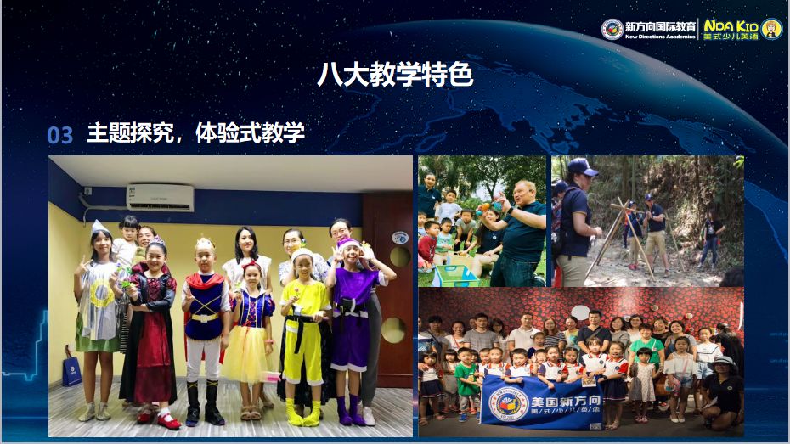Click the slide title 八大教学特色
point(394,76)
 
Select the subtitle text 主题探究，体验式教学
point(195,133)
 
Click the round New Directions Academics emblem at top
point(612,29)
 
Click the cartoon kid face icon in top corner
point(771,29)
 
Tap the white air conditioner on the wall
point(160,197)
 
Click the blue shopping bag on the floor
point(71,371)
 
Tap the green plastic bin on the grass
point(454,274)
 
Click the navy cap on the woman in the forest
point(584,166)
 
